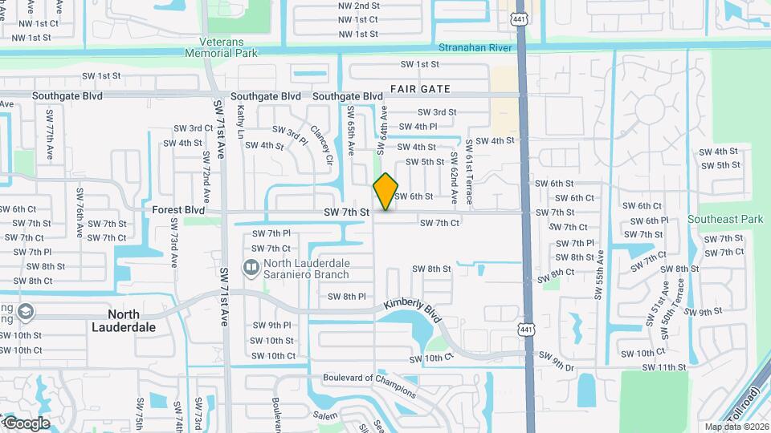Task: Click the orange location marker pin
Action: pyautogui.click(x=385, y=192)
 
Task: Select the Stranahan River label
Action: pyautogui.click(x=475, y=48)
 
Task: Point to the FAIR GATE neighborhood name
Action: pyautogui.click(x=420, y=88)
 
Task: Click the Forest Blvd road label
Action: pyautogui.click(x=177, y=210)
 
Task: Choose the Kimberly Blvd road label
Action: pyautogui.click(x=413, y=312)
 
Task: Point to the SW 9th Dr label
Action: pyautogui.click(x=557, y=361)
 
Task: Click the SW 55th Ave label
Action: pyautogui.click(x=599, y=274)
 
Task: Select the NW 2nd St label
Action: pyautogui.click(x=358, y=5)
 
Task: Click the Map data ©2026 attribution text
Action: pyautogui.click(x=736, y=427)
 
